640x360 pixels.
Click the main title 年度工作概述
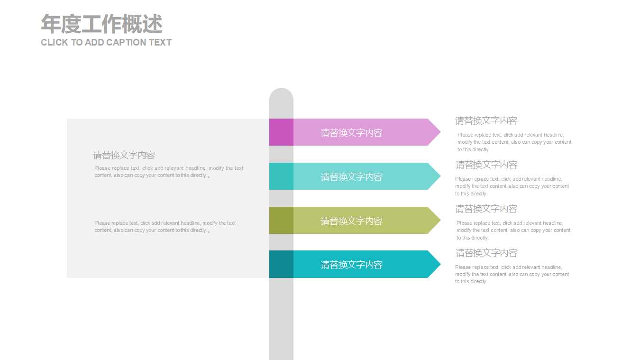[x=101, y=24]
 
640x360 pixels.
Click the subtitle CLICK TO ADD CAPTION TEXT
[x=106, y=42]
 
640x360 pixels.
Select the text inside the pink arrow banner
[x=351, y=133]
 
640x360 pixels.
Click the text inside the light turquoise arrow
[x=351, y=177]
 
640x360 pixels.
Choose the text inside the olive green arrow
[x=351, y=221]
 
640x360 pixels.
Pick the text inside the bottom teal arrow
[x=351, y=265]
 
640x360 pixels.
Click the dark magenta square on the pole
[x=281, y=132]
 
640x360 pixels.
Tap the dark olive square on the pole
[x=281, y=220]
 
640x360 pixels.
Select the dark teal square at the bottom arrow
[x=281, y=264]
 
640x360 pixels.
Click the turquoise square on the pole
[x=281, y=176]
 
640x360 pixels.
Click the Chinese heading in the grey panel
[x=124, y=155]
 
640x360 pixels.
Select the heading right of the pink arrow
[x=486, y=120]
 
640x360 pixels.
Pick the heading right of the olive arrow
[x=486, y=209]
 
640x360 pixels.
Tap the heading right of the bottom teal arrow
[x=486, y=253]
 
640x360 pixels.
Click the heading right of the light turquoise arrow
[x=486, y=165]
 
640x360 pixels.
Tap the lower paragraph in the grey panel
[x=165, y=227]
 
